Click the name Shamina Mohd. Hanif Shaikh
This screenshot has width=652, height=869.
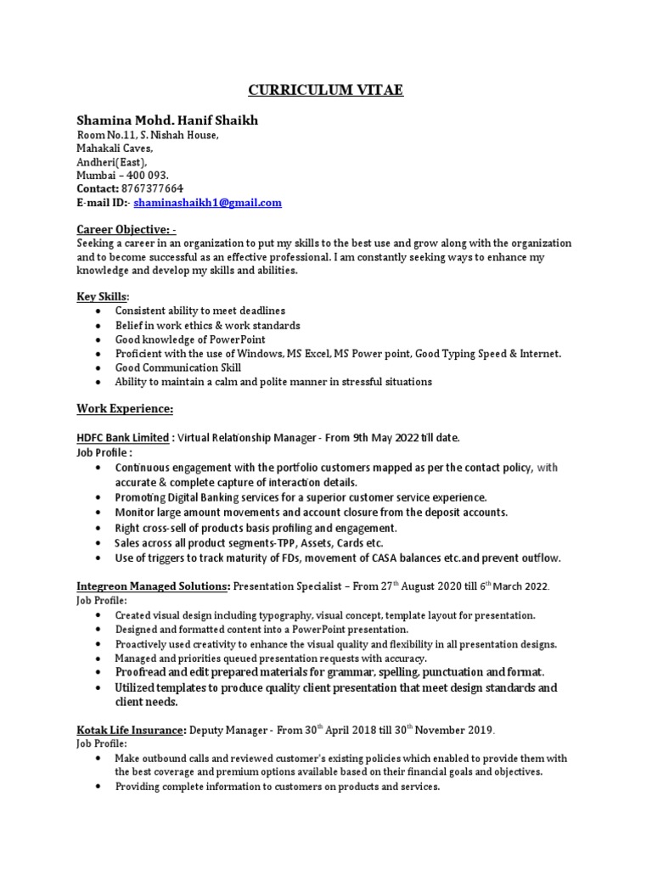(x=167, y=121)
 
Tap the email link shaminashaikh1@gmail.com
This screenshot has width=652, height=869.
(x=207, y=203)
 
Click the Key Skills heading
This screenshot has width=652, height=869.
(x=103, y=296)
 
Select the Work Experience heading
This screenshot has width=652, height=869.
(x=125, y=409)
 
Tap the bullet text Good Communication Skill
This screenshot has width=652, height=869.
(x=178, y=367)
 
